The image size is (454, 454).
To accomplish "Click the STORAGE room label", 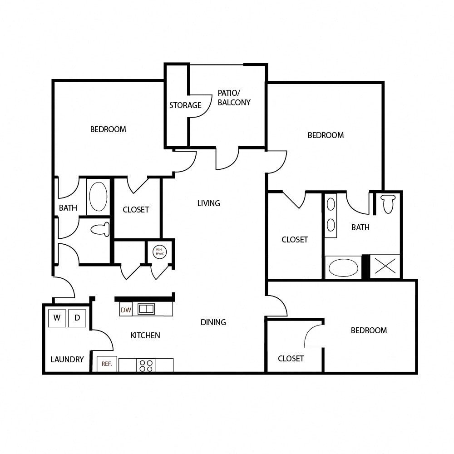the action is tap(185, 105).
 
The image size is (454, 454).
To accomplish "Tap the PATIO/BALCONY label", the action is tap(234, 98).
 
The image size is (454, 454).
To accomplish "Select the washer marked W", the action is tap(57, 318).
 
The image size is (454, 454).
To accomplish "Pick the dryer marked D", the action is tap(77, 318).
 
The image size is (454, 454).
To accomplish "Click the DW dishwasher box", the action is tap(126, 310).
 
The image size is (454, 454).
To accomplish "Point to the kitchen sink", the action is tap(146, 309).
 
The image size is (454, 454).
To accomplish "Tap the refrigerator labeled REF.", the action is tap(107, 364).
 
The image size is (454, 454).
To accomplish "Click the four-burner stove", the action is tap(146, 365).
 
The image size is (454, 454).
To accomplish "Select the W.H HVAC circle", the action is tap(160, 252).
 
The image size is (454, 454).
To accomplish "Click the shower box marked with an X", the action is tap(385, 266).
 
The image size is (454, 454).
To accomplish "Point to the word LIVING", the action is tap(208, 203).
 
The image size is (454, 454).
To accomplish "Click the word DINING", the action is tap(213, 322).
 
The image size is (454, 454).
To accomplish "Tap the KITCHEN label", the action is tap(145, 336).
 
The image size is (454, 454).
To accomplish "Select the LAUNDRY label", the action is tap(67, 360).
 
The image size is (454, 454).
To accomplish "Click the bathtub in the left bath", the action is tap(99, 197).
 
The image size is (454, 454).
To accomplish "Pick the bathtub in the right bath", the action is tap(343, 267).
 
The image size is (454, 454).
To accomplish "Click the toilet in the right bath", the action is tap(388, 203).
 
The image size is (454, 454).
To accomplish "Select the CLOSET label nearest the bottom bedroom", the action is tap(291, 359).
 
